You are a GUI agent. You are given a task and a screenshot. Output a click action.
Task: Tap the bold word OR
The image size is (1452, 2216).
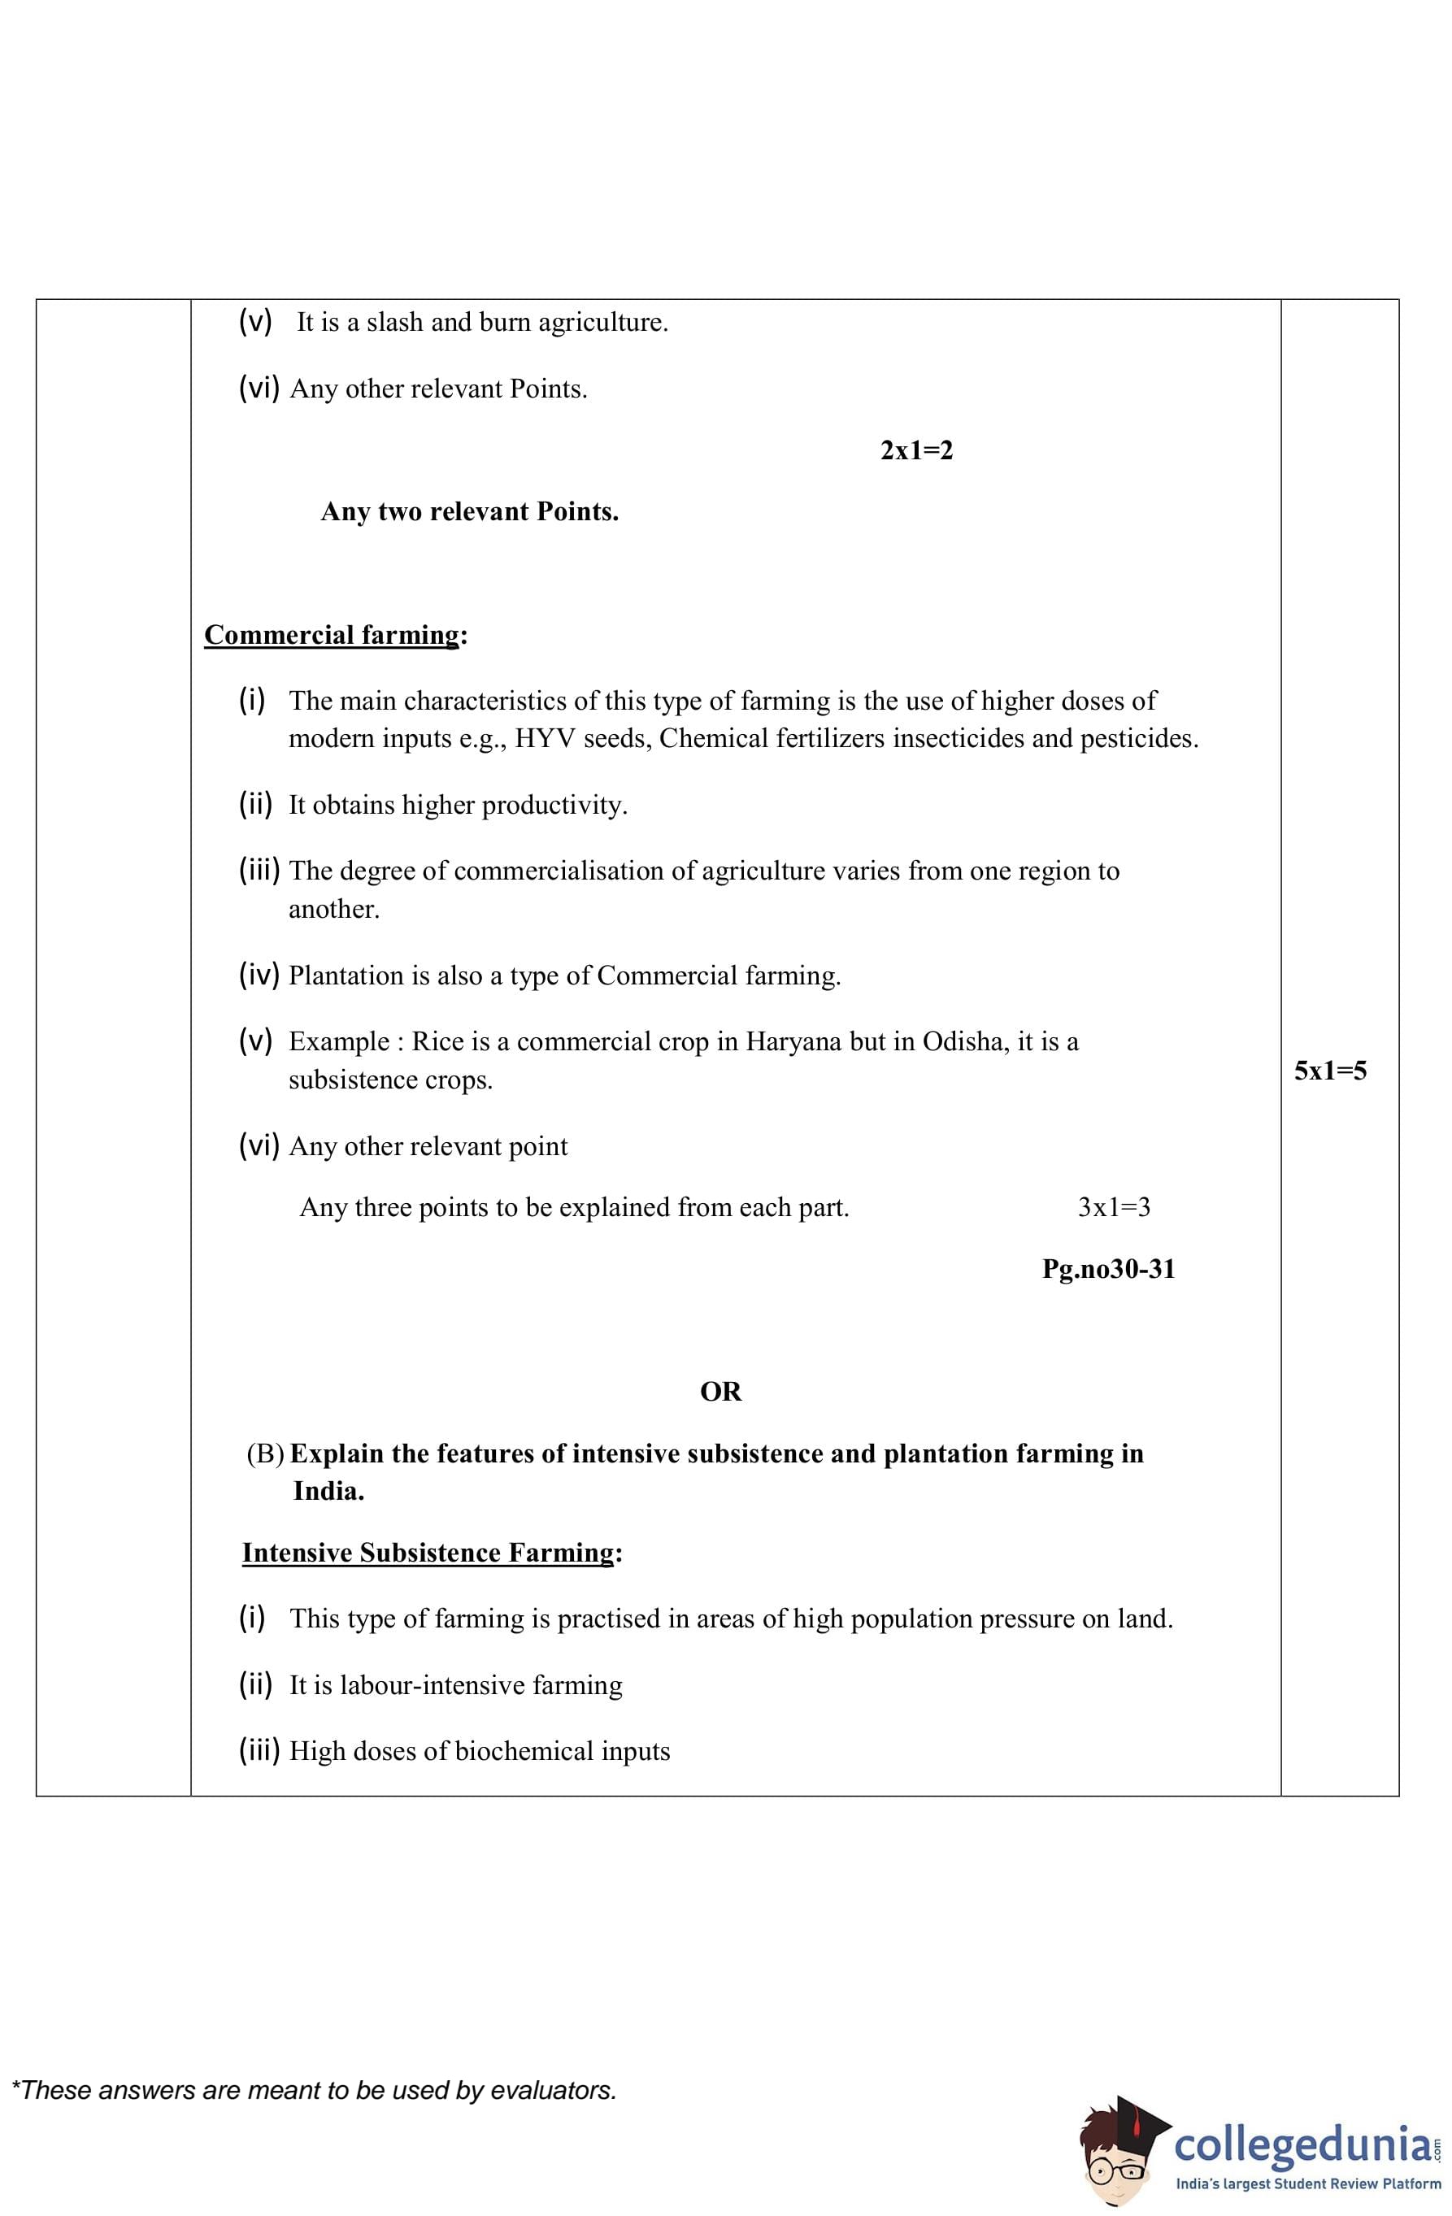point(720,1391)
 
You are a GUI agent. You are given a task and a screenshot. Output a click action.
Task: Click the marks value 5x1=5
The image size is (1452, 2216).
point(1330,1071)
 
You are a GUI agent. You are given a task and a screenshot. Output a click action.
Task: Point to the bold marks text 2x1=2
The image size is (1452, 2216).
point(916,450)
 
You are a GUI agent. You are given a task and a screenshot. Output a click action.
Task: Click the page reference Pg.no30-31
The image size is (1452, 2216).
point(1108,1269)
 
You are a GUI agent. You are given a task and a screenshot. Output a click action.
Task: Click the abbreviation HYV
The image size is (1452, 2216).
point(546,738)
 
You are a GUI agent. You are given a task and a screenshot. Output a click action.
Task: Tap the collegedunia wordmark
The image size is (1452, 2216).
point(1302,2144)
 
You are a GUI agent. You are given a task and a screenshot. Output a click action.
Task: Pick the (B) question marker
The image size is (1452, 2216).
point(264,1453)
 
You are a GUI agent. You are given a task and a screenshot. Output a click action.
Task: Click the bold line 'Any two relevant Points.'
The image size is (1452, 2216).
point(469,512)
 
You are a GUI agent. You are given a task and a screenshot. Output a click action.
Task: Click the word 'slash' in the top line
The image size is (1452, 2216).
point(395,322)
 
